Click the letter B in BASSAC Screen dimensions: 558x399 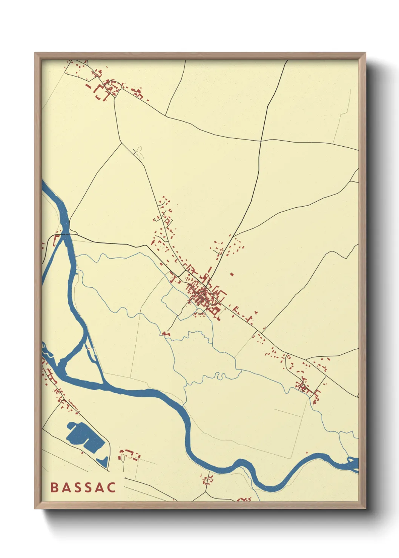[54, 487]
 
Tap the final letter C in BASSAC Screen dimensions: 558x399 [111, 487]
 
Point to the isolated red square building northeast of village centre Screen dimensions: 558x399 [232, 274]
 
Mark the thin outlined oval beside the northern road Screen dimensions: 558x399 [140, 152]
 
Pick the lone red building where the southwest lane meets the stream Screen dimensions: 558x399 [166, 334]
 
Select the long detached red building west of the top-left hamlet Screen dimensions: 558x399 [89, 86]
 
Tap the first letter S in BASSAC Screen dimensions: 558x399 [78, 487]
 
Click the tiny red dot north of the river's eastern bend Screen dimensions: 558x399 [307, 452]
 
